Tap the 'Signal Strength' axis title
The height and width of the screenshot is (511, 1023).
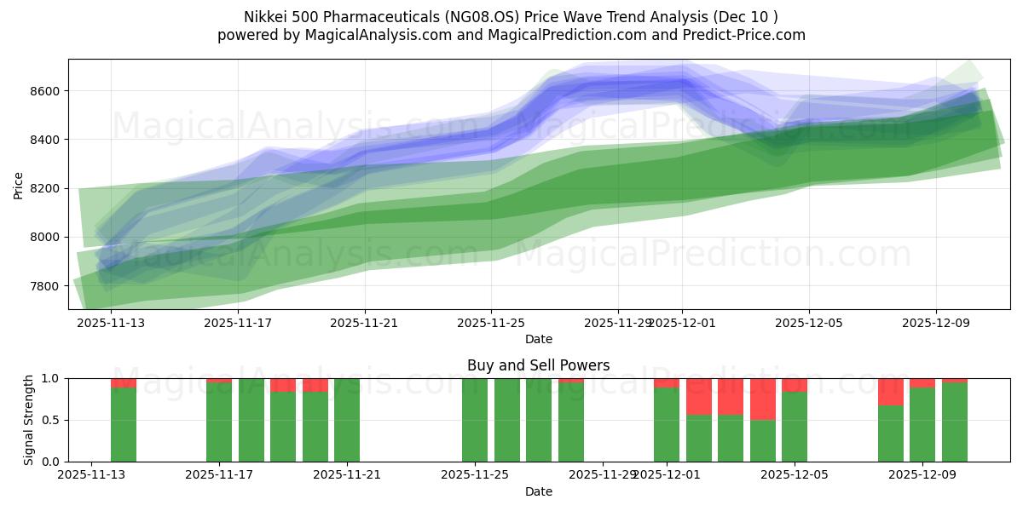(x=29, y=420)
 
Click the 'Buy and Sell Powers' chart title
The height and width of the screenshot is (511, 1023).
(x=538, y=365)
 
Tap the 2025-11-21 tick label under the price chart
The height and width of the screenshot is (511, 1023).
(x=365, y=323)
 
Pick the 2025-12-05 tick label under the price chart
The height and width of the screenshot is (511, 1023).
(x=808, y=323)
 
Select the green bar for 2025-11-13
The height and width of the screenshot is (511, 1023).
(x=124, y=425)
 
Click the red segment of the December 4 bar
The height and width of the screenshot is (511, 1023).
(x=763, y=399)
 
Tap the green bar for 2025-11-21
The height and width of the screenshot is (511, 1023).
(x=347, y=420)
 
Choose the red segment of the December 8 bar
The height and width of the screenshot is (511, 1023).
(x=891, y=392)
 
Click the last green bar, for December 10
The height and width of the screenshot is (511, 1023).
(x=955, y=422)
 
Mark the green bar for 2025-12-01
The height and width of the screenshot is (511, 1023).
(x=667, y=425)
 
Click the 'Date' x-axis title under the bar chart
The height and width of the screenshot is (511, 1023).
(x=538, y=491)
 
